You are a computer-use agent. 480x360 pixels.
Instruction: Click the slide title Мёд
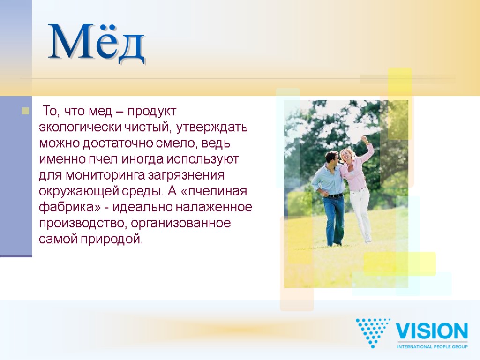point(97,43)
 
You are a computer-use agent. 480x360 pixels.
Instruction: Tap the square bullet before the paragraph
point(25,112)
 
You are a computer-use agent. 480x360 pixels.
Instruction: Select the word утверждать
point(212,127)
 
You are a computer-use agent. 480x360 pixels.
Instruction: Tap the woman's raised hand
point(364,139)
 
